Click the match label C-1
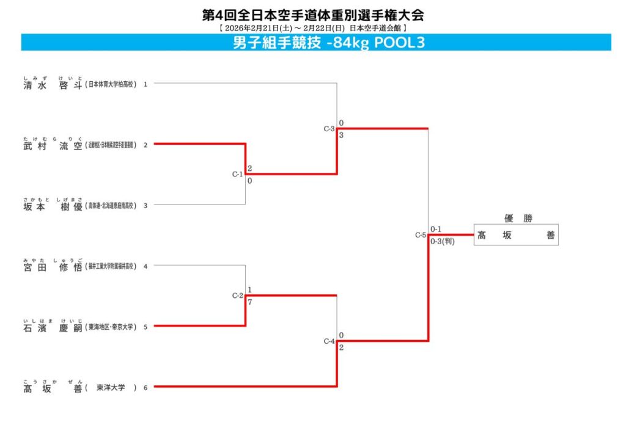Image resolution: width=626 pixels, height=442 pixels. tap(238, 175)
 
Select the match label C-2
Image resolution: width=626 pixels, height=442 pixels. tap(238, 296)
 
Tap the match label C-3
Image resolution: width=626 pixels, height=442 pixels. tap(329, 129)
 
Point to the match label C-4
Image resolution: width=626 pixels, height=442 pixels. tap(329, 341)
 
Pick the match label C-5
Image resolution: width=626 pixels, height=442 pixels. tap(421, 235)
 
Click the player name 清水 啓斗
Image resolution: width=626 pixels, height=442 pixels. tap(53, 85)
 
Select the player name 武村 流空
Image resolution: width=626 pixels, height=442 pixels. tap(53, 145)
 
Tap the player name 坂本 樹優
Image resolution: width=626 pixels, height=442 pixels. tap(53, 206)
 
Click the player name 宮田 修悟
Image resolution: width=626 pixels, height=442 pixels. tap(53, 266)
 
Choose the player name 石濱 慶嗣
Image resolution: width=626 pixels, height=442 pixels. tap(53, 327)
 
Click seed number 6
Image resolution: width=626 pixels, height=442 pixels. tap(145, 388)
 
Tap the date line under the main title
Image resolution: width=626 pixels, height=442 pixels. tap(312, 28)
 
